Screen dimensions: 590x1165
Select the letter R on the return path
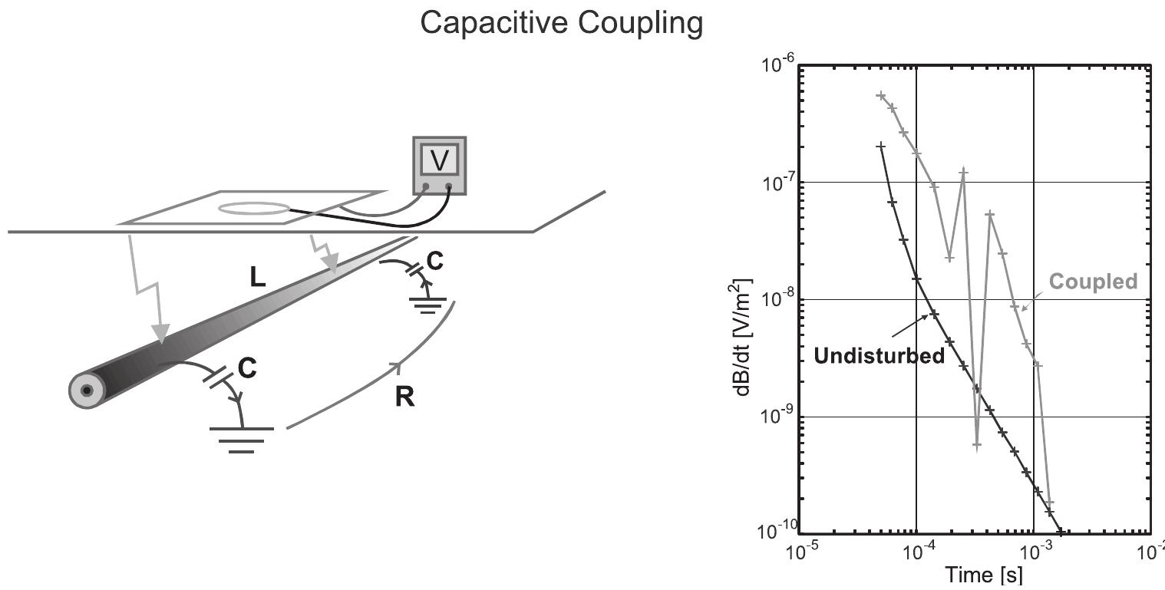click(x=404, y=397)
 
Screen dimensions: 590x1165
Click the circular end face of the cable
click(x=87, y=391)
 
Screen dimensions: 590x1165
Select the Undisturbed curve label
click(x=879, y=358)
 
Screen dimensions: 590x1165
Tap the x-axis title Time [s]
click(x=974, y=575)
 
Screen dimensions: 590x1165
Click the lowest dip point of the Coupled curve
click(x=977, y=445)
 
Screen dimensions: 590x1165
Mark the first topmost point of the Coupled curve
click(x=881, y=96)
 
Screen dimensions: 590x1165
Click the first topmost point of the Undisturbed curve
click(x=881, y=146)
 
